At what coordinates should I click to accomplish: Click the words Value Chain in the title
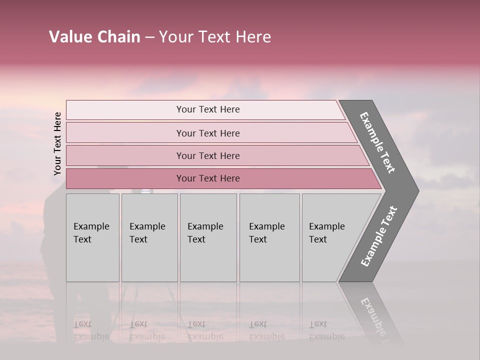click(x=94, y=37)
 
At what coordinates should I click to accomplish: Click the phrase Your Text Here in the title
click(x=215, y=37)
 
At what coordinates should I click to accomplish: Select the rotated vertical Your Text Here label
click(x=57, y=143)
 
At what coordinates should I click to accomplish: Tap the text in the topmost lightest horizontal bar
click(x=208, y=109)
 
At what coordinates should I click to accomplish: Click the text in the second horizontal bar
click(x=208, y=133)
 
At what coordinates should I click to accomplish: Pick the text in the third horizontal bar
click(x=208, y=156)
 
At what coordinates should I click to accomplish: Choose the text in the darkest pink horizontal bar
click(x=208, y=178)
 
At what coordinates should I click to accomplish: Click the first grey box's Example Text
click(x=91, y=233)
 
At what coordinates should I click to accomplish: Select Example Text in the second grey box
click(x=147, y=233)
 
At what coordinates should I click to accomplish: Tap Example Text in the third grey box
click(x=205, y=233)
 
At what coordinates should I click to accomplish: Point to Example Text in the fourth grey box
click(x=266, y=233)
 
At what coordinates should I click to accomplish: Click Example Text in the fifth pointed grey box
click(x=326, y=233)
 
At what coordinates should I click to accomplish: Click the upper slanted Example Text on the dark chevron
click(x=377, y=142)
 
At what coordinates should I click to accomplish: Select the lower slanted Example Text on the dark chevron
click(x=378, y=236)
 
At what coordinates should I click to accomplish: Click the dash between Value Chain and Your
click(x=149, y=37)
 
